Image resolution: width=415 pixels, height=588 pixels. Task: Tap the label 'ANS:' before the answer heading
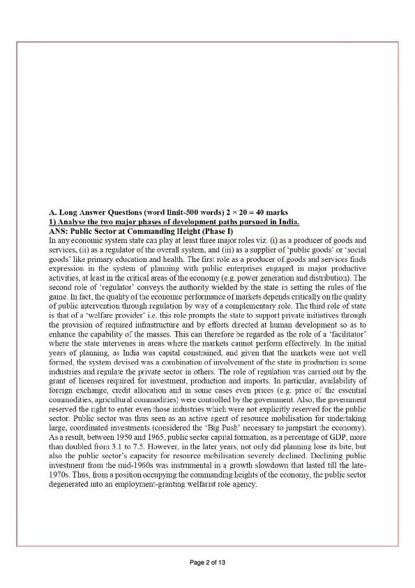[x=59, y=230]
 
